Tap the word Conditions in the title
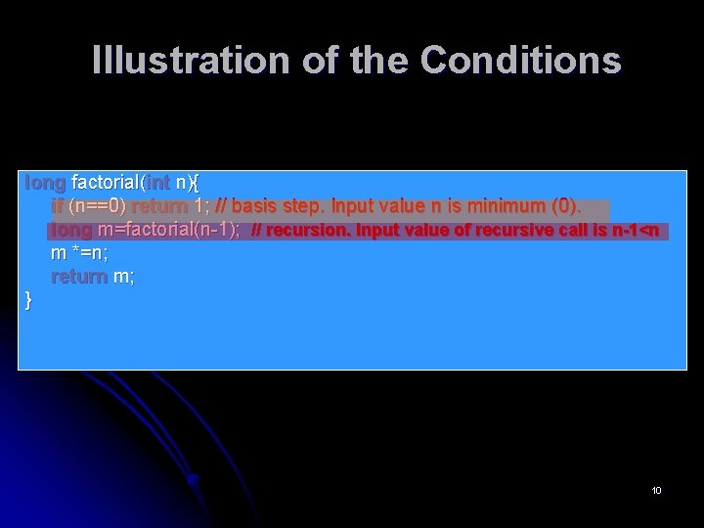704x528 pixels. [x=520, y=60]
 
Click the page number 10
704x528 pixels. [x=656, y=490]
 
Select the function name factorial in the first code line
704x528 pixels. [x=107, y=183]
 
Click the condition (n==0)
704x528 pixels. [x=97, y=206]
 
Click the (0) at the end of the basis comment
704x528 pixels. [x=567, y=206]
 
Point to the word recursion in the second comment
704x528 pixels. [x=309, y=232]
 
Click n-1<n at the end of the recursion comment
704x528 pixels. [x=645, y=232]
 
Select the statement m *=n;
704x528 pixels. [x=79, y=254]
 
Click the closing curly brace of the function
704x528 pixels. [x=28, y=300]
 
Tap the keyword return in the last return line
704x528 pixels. [x=78, y=277]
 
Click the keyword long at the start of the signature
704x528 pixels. [x=45, y=183]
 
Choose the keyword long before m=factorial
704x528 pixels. [x=71, y=231]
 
